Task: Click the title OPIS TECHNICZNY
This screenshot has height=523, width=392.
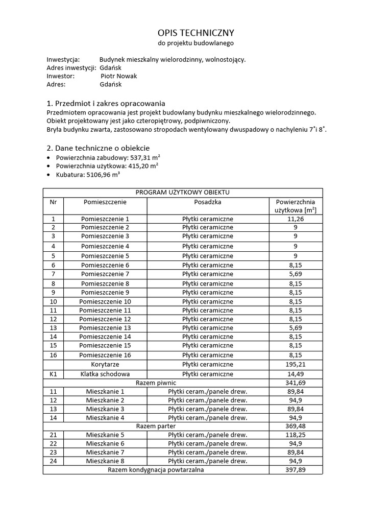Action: click(x=196, y=33)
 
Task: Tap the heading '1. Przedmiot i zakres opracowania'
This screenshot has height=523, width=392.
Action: click(x=106, y=103)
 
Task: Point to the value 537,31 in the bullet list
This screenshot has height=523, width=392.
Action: click(x=144, y=157)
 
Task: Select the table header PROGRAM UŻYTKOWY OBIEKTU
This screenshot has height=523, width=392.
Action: click(x=182, y=193)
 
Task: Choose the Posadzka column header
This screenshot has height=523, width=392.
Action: click(x=207, y=202)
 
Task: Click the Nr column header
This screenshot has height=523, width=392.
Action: click(x=53, y=202)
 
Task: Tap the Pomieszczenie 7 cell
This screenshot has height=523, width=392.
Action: click(x=105, y=274)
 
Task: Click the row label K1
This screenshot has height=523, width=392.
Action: click(x=53, y=374)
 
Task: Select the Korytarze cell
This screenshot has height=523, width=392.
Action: click(x=105, y=365)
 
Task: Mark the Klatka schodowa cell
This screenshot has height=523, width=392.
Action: click(x=105, y=374)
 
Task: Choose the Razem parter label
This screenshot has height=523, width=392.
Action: click(x=156, y=426)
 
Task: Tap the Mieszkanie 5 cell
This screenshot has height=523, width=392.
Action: click(x=105, y=435)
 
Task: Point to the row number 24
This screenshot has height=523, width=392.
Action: click(x=53, y=461)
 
